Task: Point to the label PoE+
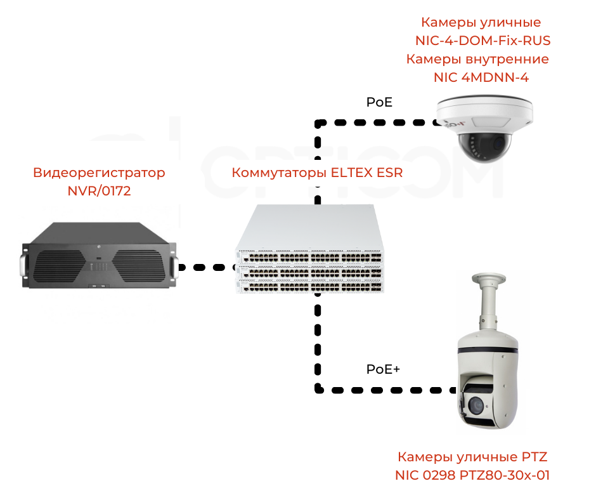tap(384, 369)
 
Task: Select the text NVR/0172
tap(99, 190)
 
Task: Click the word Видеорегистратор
tap(99, 173)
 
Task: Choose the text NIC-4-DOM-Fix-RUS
tap(483, 41)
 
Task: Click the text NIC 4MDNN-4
tap(481, 77)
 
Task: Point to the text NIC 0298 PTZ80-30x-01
tap(472, 475)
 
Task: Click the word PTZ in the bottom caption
tap(533, 457)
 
